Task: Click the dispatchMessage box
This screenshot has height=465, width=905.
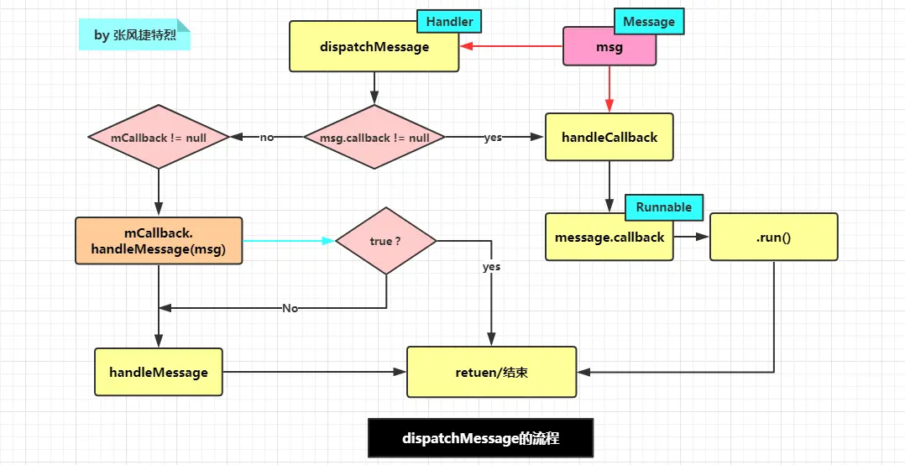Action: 374,47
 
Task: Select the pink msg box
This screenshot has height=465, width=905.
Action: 609,47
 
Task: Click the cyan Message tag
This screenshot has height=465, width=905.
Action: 649,21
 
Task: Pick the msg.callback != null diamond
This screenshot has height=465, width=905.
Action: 374,137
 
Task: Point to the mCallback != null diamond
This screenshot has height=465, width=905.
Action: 158,137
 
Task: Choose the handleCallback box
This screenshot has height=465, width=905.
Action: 609,137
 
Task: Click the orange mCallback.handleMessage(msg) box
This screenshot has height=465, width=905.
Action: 159,241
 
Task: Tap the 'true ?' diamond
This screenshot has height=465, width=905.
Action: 385,241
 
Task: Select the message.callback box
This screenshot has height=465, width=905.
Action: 609,238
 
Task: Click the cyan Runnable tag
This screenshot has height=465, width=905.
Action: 663,207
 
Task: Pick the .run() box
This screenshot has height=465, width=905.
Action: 773,238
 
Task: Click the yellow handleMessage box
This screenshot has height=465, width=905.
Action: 159,372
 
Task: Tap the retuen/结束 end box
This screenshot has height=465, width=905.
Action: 492,372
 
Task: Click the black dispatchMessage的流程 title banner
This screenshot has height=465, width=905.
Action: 480,438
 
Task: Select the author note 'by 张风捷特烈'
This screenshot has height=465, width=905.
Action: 135,35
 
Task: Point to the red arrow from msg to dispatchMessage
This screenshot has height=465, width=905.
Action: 510,47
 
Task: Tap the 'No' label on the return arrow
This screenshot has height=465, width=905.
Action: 290,308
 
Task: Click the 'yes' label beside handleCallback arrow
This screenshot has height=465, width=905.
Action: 493,137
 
